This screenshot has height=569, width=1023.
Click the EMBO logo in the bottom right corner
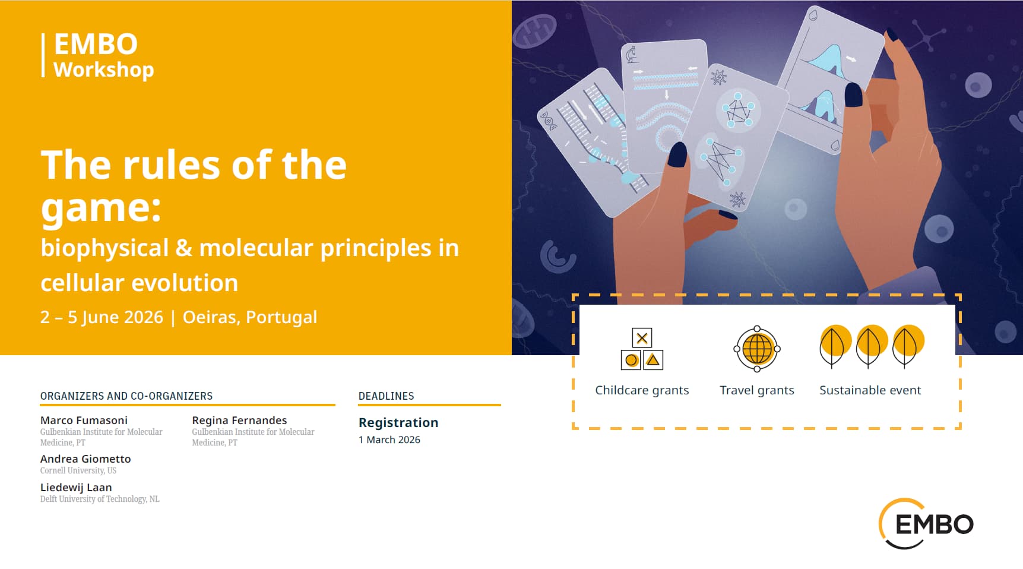tap(926, 524)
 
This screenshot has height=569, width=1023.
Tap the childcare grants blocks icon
tap(642, 349)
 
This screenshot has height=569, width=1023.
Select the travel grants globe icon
tap(757, 349)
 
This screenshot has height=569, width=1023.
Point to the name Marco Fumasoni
tap(84, 420)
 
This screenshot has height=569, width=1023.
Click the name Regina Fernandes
tap(239, 420)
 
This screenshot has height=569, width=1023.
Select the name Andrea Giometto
tap(85, 459)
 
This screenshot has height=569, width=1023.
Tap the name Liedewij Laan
tap(76, 487)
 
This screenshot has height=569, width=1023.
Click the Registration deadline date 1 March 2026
tap(389, 440)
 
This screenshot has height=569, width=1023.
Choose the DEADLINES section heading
tap(387, 396)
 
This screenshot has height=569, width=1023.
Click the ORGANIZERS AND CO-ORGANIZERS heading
tap(126, 396)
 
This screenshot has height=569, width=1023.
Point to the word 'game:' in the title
tap(101, 208)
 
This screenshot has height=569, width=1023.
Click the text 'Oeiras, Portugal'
tap(250, 317)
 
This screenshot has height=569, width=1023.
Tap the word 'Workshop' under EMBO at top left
tap(104, 69)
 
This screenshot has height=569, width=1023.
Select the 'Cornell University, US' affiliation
tap(78, 470)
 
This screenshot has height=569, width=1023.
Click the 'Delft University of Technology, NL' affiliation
tap(100, 499)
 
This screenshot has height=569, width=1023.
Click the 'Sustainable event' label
tap(870, 390)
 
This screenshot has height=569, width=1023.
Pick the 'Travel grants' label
tap(757, 390)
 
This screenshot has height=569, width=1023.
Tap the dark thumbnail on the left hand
tap(677, 154)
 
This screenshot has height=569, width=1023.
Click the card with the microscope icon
tap(664, 107)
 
